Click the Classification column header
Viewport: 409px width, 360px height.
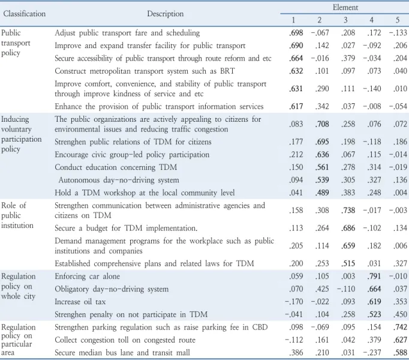(24, 14)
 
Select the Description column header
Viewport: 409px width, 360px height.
(165, 14)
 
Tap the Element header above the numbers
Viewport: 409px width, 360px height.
(345, 7)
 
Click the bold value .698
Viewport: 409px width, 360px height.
(296, 32)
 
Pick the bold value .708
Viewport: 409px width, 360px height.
(322, 124)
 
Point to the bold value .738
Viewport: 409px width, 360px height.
(348, 210)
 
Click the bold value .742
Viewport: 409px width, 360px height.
(400, 327)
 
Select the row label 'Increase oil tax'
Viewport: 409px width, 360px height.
(80, 302)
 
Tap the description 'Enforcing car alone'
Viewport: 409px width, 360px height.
(88, 276)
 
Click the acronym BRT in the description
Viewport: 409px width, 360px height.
(227, 71)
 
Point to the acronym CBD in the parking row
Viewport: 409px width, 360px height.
(260, 327)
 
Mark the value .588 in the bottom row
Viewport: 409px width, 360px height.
(400, 353)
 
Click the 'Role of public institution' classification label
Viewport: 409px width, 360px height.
(17, 215)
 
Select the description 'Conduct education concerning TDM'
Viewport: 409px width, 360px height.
(116, 167)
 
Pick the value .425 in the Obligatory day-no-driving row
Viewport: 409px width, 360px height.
(322, 289)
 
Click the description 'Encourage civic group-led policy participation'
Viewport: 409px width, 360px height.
(132, 155)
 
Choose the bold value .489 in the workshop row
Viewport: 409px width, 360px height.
(322, 193)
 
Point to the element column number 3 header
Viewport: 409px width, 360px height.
(345, 20)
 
